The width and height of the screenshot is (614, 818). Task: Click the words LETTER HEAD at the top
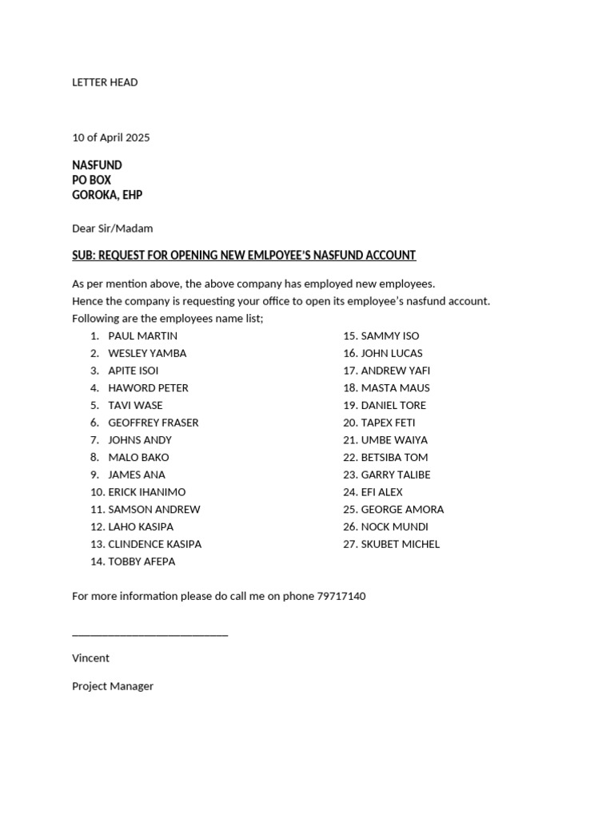click(x=105, y=82)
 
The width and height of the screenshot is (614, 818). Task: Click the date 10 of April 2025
click(x=110, y=137)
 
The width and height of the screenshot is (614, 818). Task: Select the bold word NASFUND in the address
click(x=97, y=165)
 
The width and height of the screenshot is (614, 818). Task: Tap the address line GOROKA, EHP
click(x=107, y=195)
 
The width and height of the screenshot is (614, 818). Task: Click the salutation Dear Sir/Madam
click(x=112, y=228)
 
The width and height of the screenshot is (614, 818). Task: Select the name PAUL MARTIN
click(x=142, y=336)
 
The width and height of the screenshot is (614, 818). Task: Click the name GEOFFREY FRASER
click(x=153, y=423)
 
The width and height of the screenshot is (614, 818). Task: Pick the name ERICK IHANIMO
click(x=146, y=492)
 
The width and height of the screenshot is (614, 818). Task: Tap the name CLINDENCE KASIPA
click(x=154, y=544)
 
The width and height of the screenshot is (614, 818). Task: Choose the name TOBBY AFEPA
click(x=142, y=562)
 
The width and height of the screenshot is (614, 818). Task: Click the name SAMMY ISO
click(x=389, y=336)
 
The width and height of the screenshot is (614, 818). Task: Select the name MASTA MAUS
click(x=395, y=388)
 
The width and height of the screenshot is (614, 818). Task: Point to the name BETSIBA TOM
click(x=394, y=458)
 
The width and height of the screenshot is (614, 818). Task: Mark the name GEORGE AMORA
click(x=402, y=510)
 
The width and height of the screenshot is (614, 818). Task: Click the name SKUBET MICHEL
click(x=400, y=544)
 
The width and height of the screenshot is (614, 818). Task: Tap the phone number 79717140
click(x=341, y=596)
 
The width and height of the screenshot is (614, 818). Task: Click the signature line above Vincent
click(x=150, y=634)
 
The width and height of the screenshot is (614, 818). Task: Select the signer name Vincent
click(x=90, y=658)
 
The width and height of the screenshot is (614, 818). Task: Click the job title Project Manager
click(x=113, y=686)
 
